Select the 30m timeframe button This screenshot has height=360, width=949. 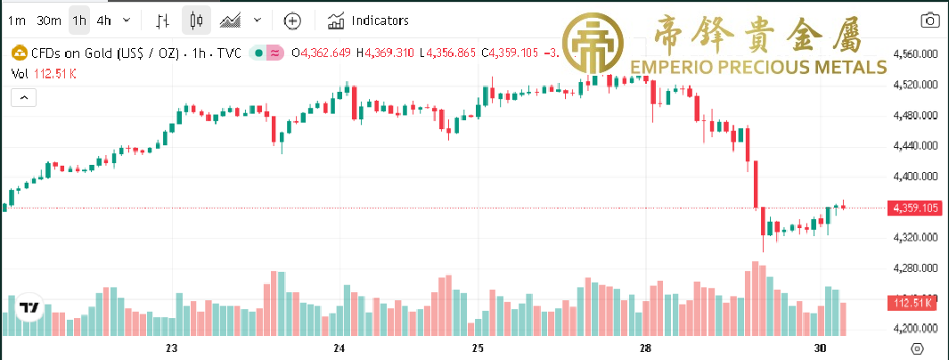click(49, 20)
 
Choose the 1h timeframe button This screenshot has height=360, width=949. click(80, 20)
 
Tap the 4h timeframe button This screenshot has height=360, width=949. click(104, 20)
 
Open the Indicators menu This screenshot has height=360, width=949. click(368, 20)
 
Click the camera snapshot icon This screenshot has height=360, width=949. click(929, 20)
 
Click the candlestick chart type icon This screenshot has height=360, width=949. click(197, 20)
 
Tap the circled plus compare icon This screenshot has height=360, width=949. click(292, 20)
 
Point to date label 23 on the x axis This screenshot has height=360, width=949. click(173, 348)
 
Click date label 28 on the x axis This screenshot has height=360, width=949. click(645, 348)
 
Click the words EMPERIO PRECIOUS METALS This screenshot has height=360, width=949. click(757, 67)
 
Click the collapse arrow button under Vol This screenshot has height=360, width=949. click(23, 97)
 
